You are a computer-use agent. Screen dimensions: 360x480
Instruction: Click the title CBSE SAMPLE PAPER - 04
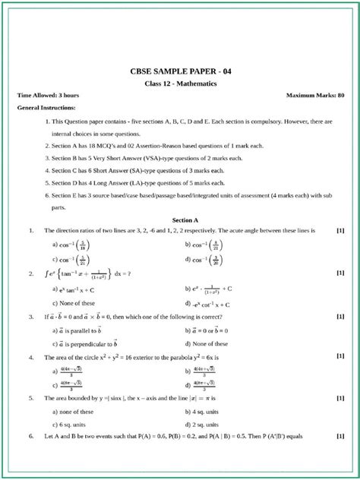(x=180, y=72)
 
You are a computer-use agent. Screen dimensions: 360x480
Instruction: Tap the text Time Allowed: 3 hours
(x=48, y=96)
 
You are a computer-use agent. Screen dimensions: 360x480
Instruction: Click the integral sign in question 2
(x=47, y=273)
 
